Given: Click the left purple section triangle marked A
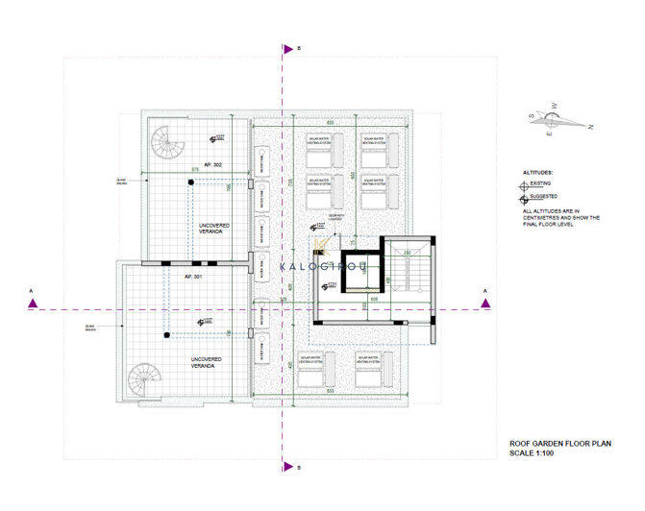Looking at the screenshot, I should [x=34, y=304].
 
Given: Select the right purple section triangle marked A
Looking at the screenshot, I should [x=485, y=304].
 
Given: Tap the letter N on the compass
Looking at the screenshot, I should [x=590, y=126].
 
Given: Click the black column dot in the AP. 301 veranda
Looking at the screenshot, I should [x=165, y=335].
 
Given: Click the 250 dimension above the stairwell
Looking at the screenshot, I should [x=407, y=253].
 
